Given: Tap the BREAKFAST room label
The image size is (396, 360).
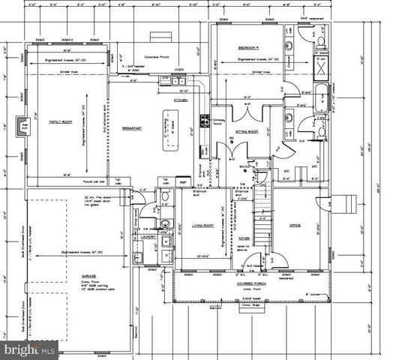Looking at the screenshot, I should tap(132, 128).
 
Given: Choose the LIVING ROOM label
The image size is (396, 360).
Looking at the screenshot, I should tap(202, 225).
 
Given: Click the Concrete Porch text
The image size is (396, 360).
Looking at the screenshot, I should tap(158, 55).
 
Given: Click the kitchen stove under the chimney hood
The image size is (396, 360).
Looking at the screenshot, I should tap(204, 121).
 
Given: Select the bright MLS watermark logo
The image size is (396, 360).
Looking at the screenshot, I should tap(29, 349).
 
